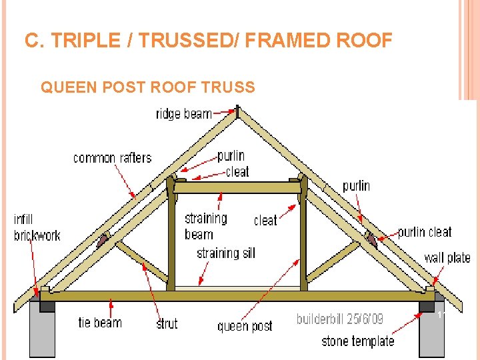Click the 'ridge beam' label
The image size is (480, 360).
coord(183,114)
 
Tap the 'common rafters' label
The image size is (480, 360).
coord(112,158)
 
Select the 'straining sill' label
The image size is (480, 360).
coord(225,253)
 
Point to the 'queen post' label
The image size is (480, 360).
coord(245,326)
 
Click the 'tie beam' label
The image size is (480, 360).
coord(100,323)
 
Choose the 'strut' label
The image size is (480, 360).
coord(167,323)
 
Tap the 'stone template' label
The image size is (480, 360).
coord(357,341)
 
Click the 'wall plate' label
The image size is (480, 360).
coord(447,257)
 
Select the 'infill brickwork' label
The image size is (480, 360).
coord(37,227)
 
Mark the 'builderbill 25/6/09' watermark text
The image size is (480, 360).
coord(340,319)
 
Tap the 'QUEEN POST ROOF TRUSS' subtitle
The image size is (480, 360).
coord(148,87)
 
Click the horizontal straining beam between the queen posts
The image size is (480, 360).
coord(237,188)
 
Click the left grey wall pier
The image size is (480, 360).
coord(42,333)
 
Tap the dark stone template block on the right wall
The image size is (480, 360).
coord(427,306)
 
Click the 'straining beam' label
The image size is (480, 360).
coord(206,226)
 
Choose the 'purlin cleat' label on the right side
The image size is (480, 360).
coord(425,232)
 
